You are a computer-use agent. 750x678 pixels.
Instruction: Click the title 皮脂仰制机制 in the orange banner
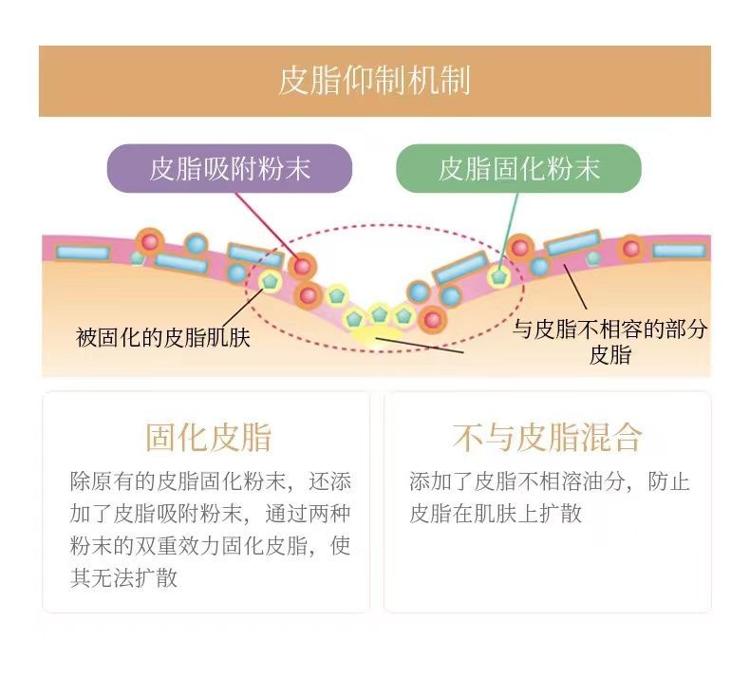374,81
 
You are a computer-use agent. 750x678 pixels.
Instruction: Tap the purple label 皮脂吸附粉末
230,168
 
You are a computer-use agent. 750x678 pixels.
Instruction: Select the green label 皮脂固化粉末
519,168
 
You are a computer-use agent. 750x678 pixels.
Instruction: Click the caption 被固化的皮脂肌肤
163,337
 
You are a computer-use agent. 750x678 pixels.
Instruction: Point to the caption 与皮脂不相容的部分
609,330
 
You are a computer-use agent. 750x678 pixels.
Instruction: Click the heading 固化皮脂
209,437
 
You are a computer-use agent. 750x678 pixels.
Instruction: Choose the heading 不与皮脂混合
547,437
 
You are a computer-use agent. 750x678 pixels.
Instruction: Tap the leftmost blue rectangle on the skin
83,253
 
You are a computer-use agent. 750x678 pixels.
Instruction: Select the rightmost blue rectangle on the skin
679,251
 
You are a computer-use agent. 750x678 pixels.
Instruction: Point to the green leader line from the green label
508,232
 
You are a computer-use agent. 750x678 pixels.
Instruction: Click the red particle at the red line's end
302,267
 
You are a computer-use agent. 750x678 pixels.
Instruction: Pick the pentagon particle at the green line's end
498,276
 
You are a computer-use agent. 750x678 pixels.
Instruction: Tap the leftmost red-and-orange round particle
150,242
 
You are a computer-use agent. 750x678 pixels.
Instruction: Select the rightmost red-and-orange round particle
631,249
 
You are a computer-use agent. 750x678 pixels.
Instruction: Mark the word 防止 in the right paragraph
668,481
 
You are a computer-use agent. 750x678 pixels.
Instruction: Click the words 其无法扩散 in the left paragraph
123,577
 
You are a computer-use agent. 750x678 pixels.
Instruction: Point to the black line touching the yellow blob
420,346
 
